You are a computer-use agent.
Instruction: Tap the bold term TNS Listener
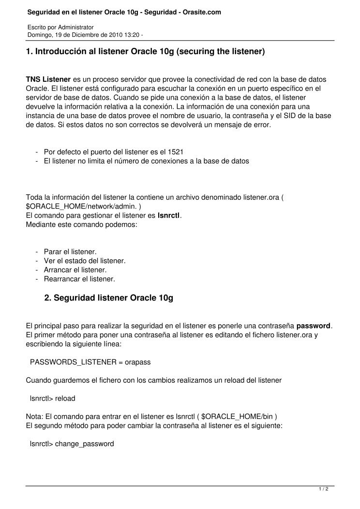click(48, 79)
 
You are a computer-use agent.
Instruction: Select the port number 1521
click(175, 152)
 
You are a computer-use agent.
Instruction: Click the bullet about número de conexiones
click(146, 161)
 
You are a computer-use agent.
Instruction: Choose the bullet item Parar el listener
click(70, 252)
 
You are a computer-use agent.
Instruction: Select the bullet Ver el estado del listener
click(85, 261)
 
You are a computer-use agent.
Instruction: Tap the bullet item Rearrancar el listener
click(79, 279)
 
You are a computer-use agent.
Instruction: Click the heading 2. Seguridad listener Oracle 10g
click(108, 298)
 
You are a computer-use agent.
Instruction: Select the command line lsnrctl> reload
click(52, 398)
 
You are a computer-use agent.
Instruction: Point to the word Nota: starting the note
click(34, 417)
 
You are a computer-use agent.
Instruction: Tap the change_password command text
click(85, 443)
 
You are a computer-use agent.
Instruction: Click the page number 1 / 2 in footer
click(324, 489)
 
